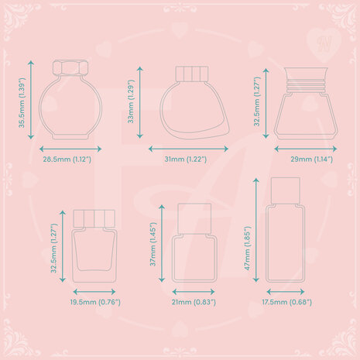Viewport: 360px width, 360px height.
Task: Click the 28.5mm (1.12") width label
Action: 67,159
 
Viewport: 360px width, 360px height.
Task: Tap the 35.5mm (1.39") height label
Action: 22,103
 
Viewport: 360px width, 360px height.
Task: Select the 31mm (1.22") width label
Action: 186,159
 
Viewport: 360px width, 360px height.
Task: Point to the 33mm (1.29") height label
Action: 132,101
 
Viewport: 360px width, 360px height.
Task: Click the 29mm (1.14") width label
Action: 312,159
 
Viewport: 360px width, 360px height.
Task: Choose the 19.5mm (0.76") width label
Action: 95,302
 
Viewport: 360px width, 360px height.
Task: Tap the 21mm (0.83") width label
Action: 194,302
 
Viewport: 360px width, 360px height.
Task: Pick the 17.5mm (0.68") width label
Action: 287,302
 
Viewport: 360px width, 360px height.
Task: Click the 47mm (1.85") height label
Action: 248,249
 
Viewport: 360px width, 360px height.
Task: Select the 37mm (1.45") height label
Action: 153,244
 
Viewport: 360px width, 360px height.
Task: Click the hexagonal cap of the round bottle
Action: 70,67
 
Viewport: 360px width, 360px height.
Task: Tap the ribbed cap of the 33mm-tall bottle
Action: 192,74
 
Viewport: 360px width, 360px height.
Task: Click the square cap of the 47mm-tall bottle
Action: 286,190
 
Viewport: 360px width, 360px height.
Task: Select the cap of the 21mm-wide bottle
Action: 194,219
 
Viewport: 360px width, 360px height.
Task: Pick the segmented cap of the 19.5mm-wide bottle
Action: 94,218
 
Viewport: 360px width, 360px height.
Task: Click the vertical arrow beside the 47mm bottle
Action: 256,230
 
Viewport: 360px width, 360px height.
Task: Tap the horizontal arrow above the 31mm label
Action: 188,149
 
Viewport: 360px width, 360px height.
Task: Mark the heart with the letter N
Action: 324,45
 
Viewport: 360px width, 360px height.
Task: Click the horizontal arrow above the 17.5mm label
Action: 286,292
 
